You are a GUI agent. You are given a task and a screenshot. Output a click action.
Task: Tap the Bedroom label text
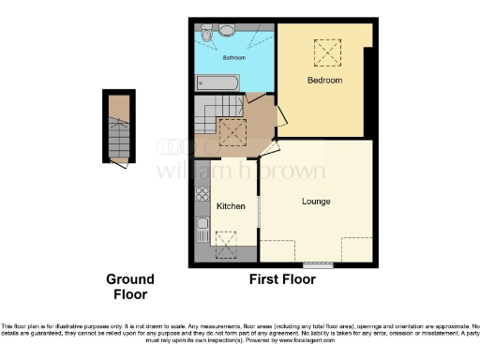[x=325, y=81]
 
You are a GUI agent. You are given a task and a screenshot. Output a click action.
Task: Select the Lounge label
[x=315, y=202]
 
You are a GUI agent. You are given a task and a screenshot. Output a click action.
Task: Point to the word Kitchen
[x=231, y=206]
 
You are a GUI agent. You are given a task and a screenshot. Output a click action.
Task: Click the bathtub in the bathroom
[x=217, y=84]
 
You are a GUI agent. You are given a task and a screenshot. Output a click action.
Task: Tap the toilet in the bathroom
[x=225, y=30]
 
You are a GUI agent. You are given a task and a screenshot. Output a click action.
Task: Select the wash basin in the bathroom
[x=201, y=35]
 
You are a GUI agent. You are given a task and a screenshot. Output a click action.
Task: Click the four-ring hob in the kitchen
[x=202, y=195]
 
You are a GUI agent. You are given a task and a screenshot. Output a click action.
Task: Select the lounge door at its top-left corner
[x=268, y=148]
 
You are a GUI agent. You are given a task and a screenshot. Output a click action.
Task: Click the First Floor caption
[x=281, y=279]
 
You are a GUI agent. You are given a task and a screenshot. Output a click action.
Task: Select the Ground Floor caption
[x=129, y=287]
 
